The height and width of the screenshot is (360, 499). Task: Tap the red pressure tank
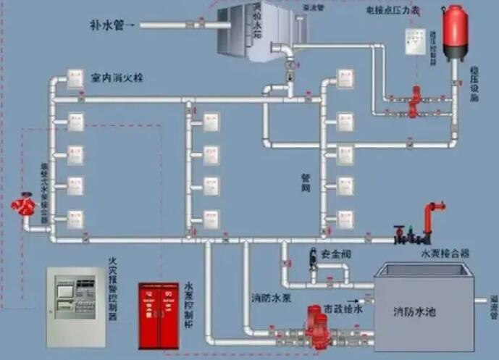(456, 32)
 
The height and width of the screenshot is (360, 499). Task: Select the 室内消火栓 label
(117, 77)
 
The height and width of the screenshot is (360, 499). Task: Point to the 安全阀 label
(335, 254)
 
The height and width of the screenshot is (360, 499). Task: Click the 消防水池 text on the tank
(414, 312)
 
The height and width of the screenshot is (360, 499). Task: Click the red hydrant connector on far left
(24, 206)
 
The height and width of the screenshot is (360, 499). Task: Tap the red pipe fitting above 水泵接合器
(435, 218)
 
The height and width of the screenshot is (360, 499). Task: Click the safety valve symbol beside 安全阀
(313, 256)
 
